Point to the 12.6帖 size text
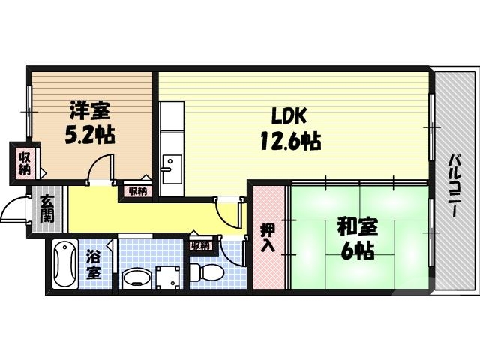click(x=291, y=141)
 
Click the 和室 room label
click(x=357, y=226)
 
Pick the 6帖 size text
click(x=357, y=251)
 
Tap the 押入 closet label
click(x=268, y=238)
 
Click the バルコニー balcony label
click(x=454, y=185)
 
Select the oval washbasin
click(x=136, y=277)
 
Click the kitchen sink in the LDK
click(x=171, y=164)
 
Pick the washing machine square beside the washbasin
click(x=169, y=275)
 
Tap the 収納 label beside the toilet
click(x=200, y=245)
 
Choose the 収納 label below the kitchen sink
click(x=137, y=192)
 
